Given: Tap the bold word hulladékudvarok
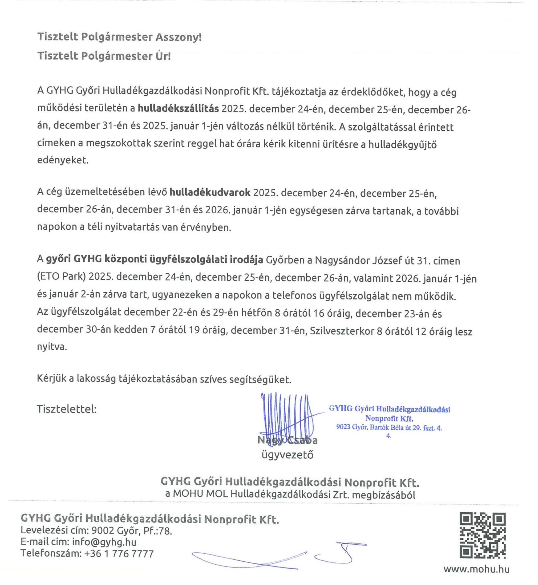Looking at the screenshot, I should pos(210,193).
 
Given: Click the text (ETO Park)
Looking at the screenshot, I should pos(61,277).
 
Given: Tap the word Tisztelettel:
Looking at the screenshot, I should pos(67,409).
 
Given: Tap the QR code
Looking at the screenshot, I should pos(482,536).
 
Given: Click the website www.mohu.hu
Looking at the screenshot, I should pos(476,569).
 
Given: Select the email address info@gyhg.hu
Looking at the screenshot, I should pos(104,542).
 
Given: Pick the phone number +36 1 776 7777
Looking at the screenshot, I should pos(119,553).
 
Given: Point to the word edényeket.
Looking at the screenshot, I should pos(62,160).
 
